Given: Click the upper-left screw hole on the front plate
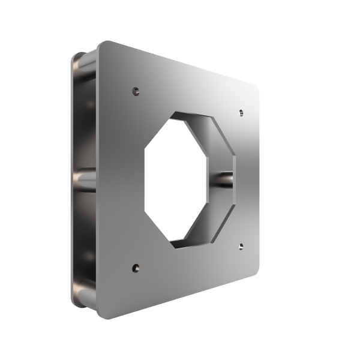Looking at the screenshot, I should [136, 92].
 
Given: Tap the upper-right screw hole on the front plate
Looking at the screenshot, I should [241, 112].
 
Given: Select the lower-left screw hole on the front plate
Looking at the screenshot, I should [136, 268].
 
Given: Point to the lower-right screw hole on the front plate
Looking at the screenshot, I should [241, 247].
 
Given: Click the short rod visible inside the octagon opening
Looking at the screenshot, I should [223, 178].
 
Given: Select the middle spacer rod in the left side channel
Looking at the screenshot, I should [85, 179].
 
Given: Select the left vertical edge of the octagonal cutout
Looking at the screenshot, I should [146, 179].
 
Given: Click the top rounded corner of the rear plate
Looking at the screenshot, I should [76, 57].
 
